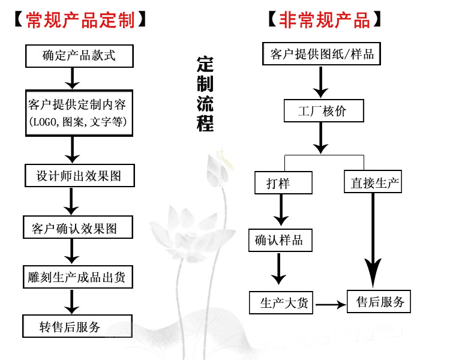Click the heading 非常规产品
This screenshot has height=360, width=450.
tap(324, 20)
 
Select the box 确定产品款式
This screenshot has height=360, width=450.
tap(79, 56)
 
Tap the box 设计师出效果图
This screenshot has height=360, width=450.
tap(79, 175)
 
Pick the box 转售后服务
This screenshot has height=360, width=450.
tap(70, 326)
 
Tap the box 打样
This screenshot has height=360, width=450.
tap(281, 182)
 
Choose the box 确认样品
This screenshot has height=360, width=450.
tap(279, 241)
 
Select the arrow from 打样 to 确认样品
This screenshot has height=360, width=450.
tap(280, 211)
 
